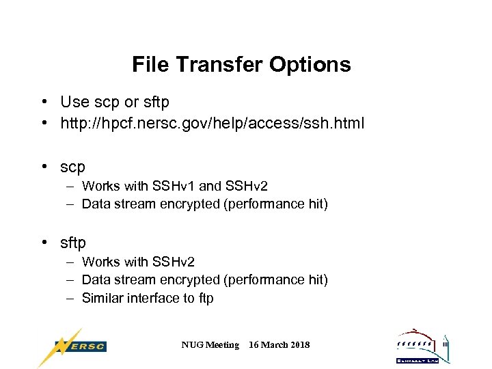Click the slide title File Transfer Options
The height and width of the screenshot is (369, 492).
(x=241, y=65)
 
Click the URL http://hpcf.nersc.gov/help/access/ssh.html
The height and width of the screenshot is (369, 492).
(x=213, y=124)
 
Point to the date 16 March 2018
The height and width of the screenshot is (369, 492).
(x=279, y=345)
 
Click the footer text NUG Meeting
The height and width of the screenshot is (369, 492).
(x=210, y=345)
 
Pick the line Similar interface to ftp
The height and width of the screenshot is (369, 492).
(x=148, y=298)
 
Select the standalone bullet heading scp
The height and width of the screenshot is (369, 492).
(x=72, y=167)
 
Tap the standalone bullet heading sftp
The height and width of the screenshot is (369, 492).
(x=73, y=243)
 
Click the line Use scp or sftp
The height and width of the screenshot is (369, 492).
(x=115, y=102)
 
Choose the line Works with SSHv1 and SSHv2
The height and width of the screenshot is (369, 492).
(x=175, y=186)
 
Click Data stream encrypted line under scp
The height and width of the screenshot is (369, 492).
(x=204, y=204)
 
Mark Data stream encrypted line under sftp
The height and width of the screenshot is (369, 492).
(x=204, y=279)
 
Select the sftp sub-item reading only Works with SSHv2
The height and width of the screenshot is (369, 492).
(x=138, y=262)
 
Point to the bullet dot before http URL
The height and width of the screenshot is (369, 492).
(x=43, y=124)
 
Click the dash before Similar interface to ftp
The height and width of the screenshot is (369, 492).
(x=70, y=298)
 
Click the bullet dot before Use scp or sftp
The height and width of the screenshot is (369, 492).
(x=43, y=102)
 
